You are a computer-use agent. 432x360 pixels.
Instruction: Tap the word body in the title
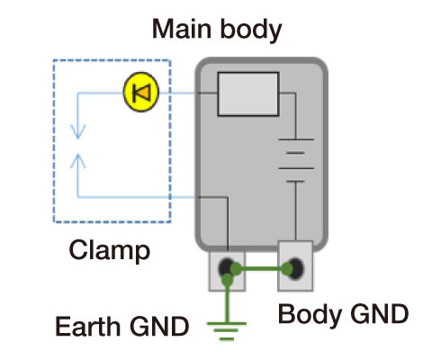248,29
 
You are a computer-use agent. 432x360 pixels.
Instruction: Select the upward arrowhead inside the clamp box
78,159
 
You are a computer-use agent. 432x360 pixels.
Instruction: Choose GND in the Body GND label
376,315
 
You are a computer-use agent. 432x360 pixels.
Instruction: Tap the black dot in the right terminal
294,267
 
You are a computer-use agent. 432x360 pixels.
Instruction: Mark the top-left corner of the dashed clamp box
54,61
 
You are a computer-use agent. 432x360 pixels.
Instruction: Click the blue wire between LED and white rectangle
184,92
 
